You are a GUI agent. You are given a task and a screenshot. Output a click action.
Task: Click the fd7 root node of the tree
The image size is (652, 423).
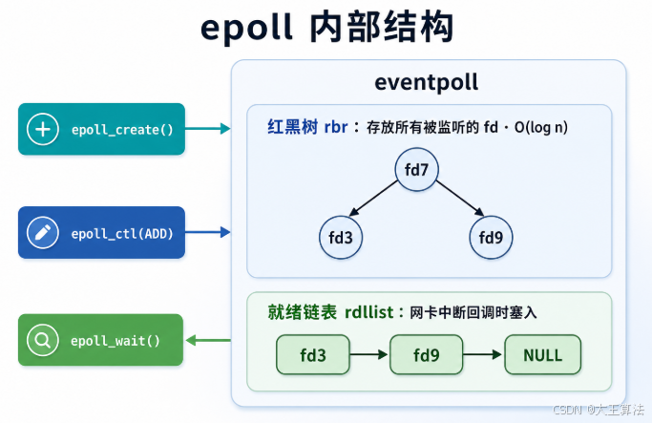pos(416,169)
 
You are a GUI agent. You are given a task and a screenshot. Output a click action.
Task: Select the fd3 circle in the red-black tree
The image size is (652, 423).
pos(341,238)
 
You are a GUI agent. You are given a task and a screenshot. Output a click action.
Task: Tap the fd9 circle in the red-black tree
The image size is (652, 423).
pos(491,238)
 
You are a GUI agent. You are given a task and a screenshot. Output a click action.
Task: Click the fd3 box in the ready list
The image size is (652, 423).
pos(313,355)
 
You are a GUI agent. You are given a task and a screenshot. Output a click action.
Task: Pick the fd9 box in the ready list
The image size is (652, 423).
pos(426,355)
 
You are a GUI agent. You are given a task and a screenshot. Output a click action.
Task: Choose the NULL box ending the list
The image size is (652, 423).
pos(542,355)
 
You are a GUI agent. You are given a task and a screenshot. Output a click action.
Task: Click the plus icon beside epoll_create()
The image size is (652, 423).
pos(42,129)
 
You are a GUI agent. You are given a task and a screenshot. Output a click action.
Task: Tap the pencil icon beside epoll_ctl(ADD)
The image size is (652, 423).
pos(42,232)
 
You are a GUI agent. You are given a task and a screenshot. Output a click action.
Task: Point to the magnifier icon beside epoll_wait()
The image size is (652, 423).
pos(42,340)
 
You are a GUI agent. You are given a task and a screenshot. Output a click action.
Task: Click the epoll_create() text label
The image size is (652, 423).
pos(122,130)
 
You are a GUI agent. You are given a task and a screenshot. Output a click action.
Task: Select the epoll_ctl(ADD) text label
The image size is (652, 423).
pos(122,233)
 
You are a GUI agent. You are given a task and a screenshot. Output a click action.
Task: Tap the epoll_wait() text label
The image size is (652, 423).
pos(116,341)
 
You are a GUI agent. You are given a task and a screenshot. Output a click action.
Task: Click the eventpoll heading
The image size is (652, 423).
pos(426,82)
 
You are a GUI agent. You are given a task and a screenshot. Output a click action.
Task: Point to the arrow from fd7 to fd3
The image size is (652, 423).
pos(373,199)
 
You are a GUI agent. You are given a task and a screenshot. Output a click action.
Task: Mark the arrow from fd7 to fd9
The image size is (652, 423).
pos(460,199)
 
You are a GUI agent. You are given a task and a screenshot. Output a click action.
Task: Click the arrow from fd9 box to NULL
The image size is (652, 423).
pos(482,354)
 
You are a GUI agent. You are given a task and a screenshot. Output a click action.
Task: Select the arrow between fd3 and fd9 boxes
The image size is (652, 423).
pos(368,354)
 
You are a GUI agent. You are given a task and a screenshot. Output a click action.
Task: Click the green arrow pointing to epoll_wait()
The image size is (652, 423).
pos(208,341)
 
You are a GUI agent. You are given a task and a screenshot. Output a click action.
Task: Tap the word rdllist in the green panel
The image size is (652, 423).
pos(368,312)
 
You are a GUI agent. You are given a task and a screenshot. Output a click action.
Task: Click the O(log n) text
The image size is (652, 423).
pos(541,127)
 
